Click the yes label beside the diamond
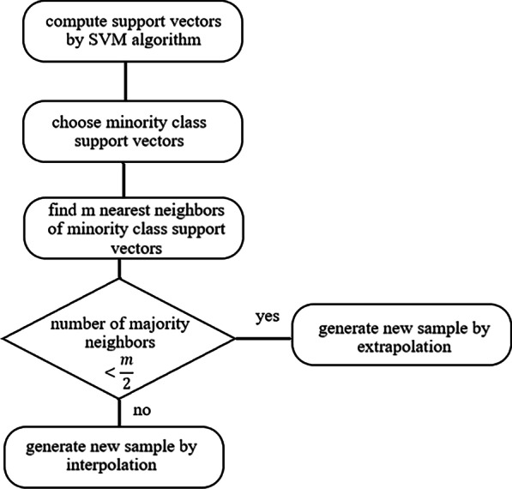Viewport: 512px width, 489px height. click(267, 317)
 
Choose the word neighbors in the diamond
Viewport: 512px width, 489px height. click(119, 343)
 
